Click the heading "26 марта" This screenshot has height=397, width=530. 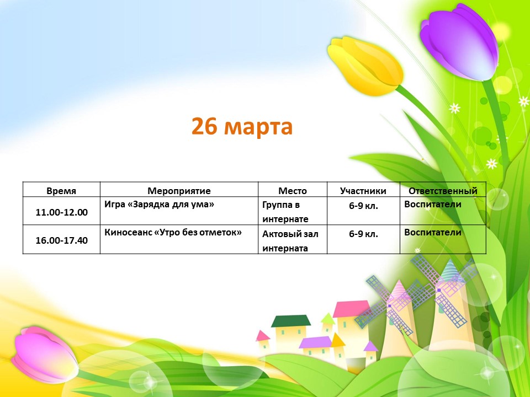coord(242,126)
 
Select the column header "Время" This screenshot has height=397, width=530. coord(61,191)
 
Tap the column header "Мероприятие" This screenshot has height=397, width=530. coord(179,191)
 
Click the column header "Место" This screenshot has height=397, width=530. coord(293,191)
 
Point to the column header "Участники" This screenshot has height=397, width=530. coord(363,191)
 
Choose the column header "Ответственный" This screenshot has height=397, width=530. coord(443,191)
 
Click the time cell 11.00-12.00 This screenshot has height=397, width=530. coord(61,212)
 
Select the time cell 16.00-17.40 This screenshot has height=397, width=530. coord(61,240)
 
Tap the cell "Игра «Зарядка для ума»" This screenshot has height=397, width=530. coord(159,205)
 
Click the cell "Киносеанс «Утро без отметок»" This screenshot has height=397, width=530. coord(173,233)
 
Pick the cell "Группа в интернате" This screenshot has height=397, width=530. coord(285,212)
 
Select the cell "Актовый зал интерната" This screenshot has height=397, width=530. coord(290,241)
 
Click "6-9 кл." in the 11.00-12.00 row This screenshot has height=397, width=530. coord(363,205)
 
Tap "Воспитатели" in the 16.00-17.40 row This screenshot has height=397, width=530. coord(433,233)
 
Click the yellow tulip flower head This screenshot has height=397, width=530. coord(365,64)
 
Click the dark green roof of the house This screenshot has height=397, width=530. coord(291,321)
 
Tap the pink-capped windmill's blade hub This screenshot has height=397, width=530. coord(389,306)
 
